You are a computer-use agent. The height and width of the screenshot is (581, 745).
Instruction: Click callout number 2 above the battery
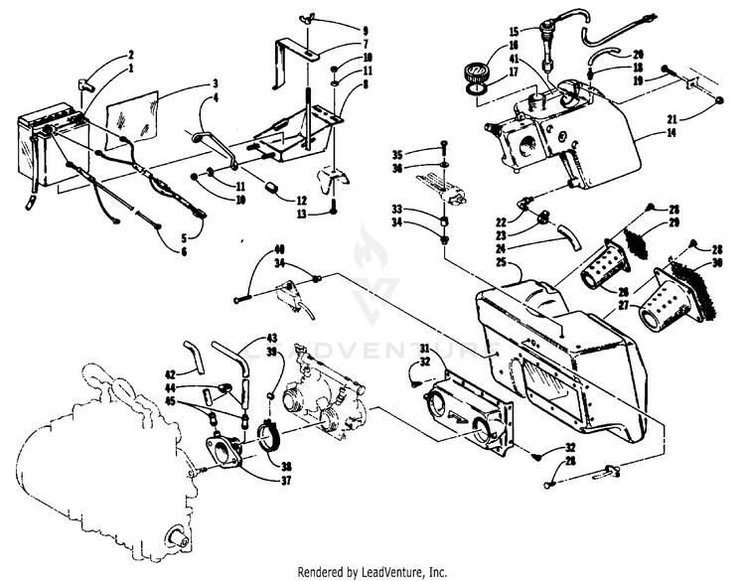(x=130, y=54)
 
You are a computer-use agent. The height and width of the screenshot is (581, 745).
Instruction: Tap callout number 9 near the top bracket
(x=337, y=31)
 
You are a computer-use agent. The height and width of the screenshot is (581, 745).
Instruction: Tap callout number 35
(x=397, y=155)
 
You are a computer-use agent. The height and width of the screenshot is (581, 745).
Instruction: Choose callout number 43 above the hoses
(x=272, y=339)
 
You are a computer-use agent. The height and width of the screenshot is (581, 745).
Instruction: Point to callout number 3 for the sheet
(x=214, y=83)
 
